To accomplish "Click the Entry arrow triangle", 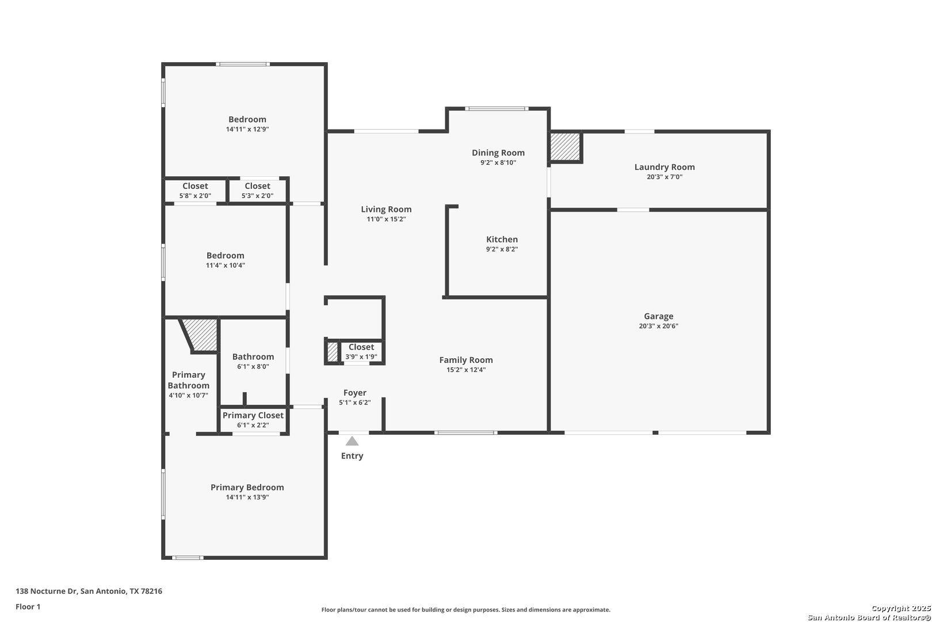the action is click(352, 441).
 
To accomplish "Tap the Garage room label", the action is click(659, 316).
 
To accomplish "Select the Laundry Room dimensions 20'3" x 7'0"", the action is click(664, 177).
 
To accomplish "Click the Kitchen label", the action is click(502, 239).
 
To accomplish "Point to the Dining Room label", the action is click(498, 153).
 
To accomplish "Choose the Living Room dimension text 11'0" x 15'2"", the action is click(386, 219).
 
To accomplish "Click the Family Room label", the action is click(466, 360).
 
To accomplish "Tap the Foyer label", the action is click(355, 392).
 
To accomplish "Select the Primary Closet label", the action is click(253, 415).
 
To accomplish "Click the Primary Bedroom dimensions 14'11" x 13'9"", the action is click(247, 497).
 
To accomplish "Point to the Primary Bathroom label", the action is click(189, 380).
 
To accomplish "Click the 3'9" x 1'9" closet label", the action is click(361, 347).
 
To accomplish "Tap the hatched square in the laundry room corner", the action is click(565, 146).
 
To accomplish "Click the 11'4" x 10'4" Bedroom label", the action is click(225, 255).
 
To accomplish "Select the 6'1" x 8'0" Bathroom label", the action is click(253, 356).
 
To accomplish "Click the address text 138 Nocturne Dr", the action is click(46, 591).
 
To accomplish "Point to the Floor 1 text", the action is click(28, 606).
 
